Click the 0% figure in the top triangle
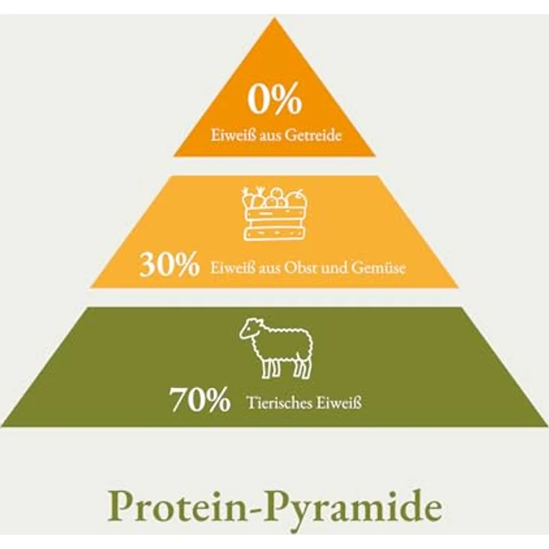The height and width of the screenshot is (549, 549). (x=274, y=98)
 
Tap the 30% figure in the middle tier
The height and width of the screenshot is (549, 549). (x=169, y=265)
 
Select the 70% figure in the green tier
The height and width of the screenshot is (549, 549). (x=200, y=399)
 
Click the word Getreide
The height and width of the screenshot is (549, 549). (x=313, y=135)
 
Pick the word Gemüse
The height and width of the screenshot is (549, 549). (x=378, y=269)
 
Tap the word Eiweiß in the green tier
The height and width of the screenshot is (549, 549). (x=339, y=403)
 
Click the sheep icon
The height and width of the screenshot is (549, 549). (x=276, y=348)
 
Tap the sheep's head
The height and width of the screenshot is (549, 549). (x=250, y=329)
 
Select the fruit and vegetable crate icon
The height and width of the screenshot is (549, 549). (x=274, y=213)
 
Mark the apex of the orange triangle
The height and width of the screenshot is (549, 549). (x=274, y=17)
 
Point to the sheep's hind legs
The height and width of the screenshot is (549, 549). (x=303, y=368)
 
